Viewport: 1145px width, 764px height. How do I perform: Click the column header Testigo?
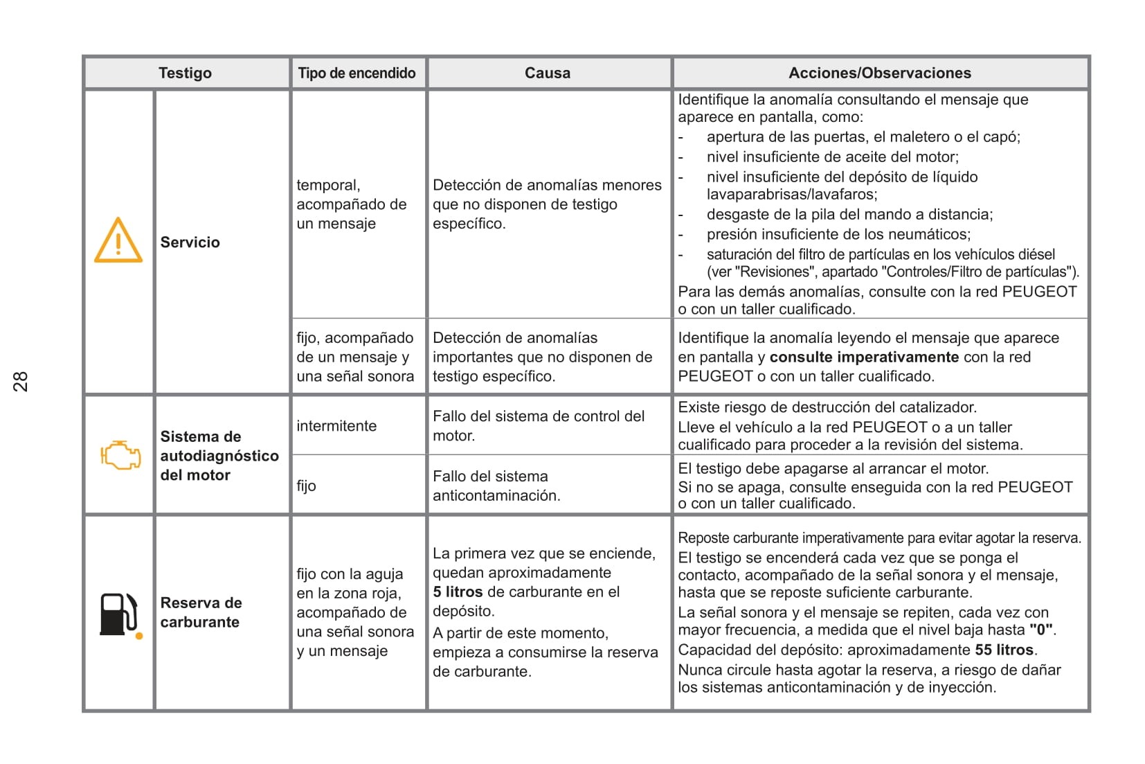point(185,73)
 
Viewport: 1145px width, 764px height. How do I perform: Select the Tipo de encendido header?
point(357,73)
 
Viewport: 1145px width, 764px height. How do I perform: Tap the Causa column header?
point(547,73)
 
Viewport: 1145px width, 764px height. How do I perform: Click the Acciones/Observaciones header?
point(879,73)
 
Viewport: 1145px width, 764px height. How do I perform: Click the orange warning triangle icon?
point(118,241)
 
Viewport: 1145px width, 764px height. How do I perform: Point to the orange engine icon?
point(120,455)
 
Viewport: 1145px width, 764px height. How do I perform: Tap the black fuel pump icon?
point(119,614)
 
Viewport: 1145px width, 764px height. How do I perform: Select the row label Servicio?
point(190,242)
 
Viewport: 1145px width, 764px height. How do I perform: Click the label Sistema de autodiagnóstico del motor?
point(219,456)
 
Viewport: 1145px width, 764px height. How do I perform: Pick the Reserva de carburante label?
point(201,612)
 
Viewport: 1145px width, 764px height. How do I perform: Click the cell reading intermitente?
point(336,426)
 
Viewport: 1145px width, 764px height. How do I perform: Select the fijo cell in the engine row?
point(306,486)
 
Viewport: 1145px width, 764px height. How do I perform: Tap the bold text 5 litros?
point(458,592)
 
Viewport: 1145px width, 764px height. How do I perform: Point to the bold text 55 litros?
point(1004,650)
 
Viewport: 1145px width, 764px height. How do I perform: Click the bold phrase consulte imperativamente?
point(864,357)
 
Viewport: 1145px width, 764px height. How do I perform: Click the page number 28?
point(21,382)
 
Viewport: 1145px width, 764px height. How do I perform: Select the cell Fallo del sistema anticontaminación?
point(496,486)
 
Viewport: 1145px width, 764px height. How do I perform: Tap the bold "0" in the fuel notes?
point(1041,630)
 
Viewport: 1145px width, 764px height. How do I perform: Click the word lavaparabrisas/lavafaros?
point(791,195)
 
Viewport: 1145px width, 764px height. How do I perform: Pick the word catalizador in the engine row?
point(931,407)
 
